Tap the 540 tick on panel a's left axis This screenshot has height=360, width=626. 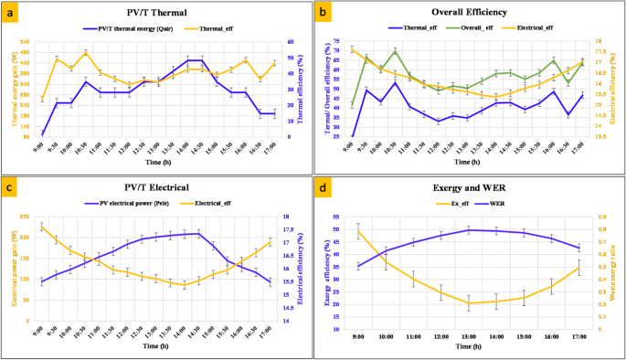click(x=25, y=42)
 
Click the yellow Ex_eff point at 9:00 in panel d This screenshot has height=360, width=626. click(x=358, y=231)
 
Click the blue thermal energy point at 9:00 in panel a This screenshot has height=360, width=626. click(x=43, y=134)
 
